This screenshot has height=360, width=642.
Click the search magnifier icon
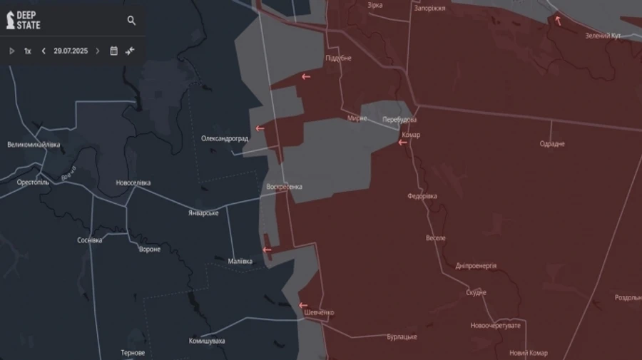pos(131,21)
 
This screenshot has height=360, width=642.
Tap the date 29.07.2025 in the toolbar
pos(71,51)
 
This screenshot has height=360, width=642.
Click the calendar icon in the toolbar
pos(113,51)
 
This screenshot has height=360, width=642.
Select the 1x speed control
pos(27,51)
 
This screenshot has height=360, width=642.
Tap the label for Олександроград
pos(225,138)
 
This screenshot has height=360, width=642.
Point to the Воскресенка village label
pos(284,187)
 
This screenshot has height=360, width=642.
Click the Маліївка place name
pos(239,261)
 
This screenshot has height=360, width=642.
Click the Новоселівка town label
pos(133,183)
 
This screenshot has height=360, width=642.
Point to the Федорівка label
pos(422,195)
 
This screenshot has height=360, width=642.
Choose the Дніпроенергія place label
pos(476,266)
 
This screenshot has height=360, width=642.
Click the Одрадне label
pos(552,144)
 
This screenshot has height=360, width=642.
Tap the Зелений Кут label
pos(603,36)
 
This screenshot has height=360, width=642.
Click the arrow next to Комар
pos(402,143)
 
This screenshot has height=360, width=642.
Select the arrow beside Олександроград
pos(260,129)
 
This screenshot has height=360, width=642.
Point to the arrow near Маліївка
pos(267,250)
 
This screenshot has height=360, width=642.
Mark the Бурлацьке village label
pos(402,337)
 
